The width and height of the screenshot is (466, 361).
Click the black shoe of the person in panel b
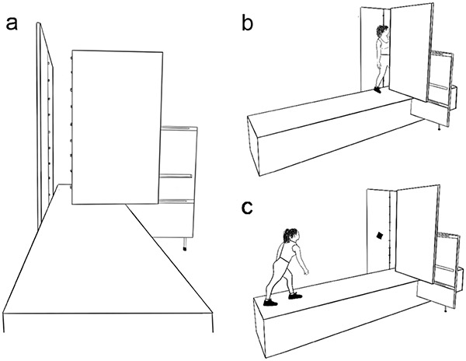378,89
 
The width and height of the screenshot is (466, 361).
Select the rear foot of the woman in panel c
270,301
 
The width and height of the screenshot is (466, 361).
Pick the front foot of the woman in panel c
294,295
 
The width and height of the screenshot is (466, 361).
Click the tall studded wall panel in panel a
47,117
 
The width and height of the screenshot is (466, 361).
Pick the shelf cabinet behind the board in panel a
180,179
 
